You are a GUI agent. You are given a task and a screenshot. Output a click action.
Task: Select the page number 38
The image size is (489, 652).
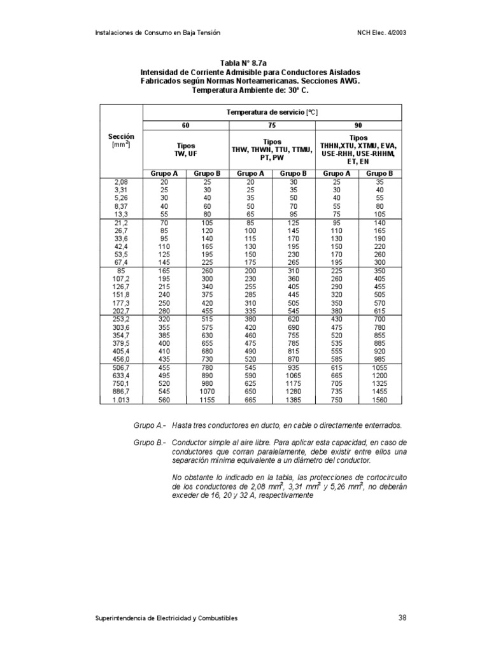tap(402, 618)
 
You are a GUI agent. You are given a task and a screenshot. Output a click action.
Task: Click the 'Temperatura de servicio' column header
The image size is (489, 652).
tap(272, 112)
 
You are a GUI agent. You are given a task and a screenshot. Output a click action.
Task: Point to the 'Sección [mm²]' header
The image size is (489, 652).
tap(121, 141)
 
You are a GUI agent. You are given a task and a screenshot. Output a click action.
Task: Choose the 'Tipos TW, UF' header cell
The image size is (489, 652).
tap(185, 150)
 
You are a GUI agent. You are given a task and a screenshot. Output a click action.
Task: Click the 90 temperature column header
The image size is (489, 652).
tap(358, 126)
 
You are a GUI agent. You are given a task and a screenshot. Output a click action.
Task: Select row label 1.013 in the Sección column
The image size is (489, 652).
tap(121, 400)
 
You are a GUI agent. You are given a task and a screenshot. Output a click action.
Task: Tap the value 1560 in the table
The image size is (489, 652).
tap(380, 400)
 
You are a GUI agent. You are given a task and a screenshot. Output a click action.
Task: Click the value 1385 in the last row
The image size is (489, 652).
tap(294, 400)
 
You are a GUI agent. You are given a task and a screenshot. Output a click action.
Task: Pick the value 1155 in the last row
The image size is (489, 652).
tap(207, 400)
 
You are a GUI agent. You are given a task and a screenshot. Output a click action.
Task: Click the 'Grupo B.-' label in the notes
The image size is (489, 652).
tap(147, 442)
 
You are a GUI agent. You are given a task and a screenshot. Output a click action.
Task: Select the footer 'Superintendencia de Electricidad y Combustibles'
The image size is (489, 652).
tap(166, 618)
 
